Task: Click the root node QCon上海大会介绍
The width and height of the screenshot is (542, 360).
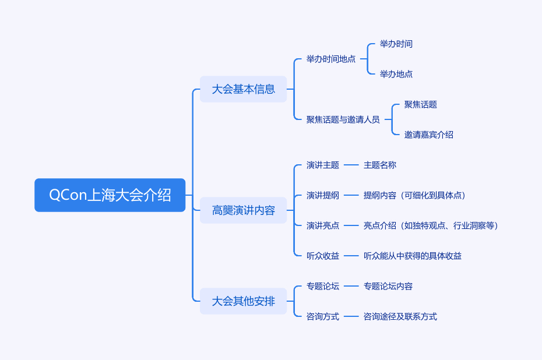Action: point(110,195)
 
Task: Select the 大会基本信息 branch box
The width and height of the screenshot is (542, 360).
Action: point(243,89)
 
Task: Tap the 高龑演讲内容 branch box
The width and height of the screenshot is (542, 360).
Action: point(243,210)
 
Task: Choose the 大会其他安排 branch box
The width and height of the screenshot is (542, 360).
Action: point(243,301)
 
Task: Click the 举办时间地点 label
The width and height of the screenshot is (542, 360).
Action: point(331,59)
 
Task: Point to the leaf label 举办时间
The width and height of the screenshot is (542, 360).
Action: point(396,44)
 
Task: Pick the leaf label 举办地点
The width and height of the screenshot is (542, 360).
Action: point(396,74)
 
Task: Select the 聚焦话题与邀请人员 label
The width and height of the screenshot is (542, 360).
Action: point(343,119)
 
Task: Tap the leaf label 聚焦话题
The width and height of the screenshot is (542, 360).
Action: point(421,104)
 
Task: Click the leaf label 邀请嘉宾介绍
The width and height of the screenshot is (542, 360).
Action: point(429,135)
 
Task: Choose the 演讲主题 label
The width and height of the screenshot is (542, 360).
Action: point(323,165)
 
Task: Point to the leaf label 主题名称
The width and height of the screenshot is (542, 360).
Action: point(380,165)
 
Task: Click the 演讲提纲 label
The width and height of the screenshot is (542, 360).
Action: point(323,195)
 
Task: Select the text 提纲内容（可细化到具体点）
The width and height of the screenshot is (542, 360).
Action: point(414,195)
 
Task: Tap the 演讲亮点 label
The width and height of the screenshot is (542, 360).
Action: point(323,225)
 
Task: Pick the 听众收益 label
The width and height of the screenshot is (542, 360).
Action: point(323,256)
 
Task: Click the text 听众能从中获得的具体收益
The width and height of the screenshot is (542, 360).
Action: point(413,256)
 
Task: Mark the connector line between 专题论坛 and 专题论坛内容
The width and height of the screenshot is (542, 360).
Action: point(351,286)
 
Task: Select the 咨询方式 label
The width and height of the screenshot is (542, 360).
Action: point(323,316)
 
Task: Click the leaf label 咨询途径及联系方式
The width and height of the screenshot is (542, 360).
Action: point(400,316)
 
